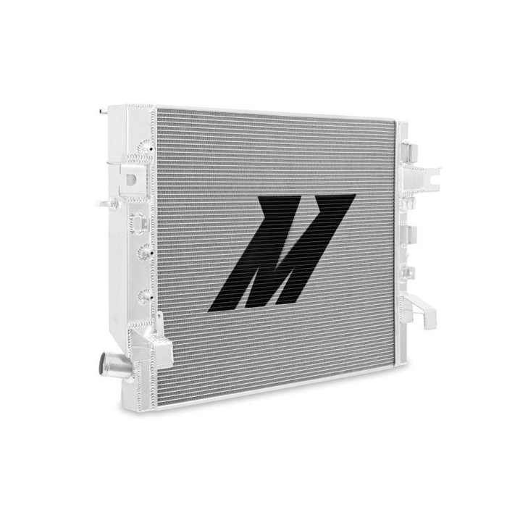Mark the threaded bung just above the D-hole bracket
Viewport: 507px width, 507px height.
click(138, 156)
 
